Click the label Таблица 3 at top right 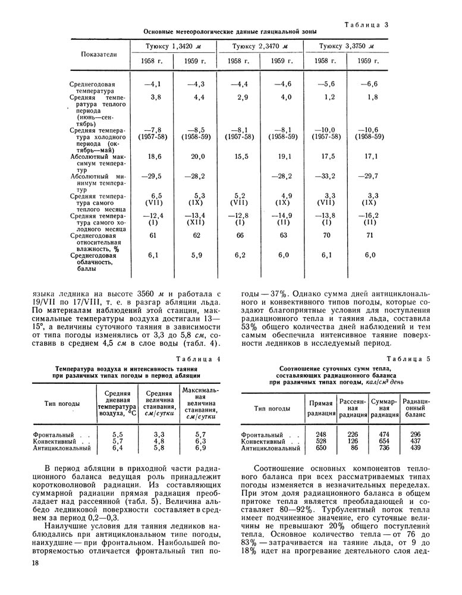tap(366, 25)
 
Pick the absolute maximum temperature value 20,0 tap(197, 157)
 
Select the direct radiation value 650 tap(320, 447)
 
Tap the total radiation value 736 tap(384, 447)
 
